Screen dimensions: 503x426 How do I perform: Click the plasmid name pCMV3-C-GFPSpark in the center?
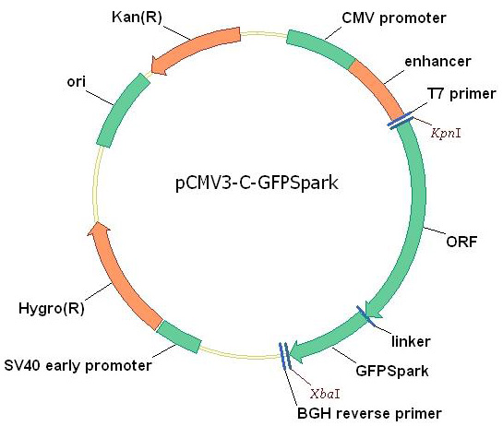(x=257, y=183)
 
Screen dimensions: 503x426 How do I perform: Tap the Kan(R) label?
(x=137, y=17)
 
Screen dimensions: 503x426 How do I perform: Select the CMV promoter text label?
(x=393, y=18)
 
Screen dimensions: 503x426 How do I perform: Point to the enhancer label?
(x=437, y=61)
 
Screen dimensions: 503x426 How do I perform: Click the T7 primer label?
(x=461, y=94)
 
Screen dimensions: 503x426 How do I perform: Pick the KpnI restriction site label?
(x=446, y=133)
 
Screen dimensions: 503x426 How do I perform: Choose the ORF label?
(x=461, y=242)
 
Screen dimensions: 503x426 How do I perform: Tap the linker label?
(x=411, y=341)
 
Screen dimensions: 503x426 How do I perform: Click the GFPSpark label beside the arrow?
(x=392, y=372)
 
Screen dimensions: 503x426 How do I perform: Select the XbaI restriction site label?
(x=325, y=394)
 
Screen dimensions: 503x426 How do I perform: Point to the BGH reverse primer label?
(x=369, y=413)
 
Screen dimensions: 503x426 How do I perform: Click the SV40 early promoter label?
(x=78, y=366)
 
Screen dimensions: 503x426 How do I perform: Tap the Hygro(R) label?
(x=52, y=309)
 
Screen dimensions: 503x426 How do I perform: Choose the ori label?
(x=76, y=82)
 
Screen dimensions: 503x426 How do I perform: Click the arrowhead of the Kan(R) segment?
(x=158, y=66)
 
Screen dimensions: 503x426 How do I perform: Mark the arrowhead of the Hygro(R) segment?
(x=99, y=229)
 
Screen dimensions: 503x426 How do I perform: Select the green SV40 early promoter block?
(x=179, y=337)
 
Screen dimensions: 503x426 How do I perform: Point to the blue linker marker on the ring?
(x=365, y=316)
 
